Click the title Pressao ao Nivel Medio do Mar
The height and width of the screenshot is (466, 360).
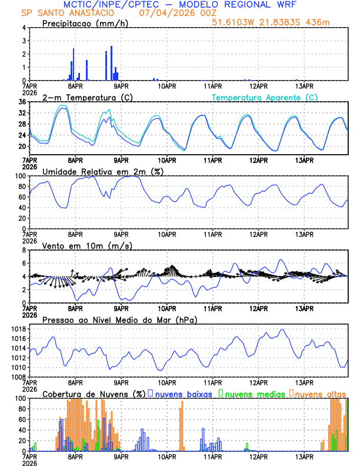pos(119,319)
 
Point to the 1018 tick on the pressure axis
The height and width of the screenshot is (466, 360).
pos(19,329)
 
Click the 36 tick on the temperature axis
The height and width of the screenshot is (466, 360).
pos(22,102)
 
